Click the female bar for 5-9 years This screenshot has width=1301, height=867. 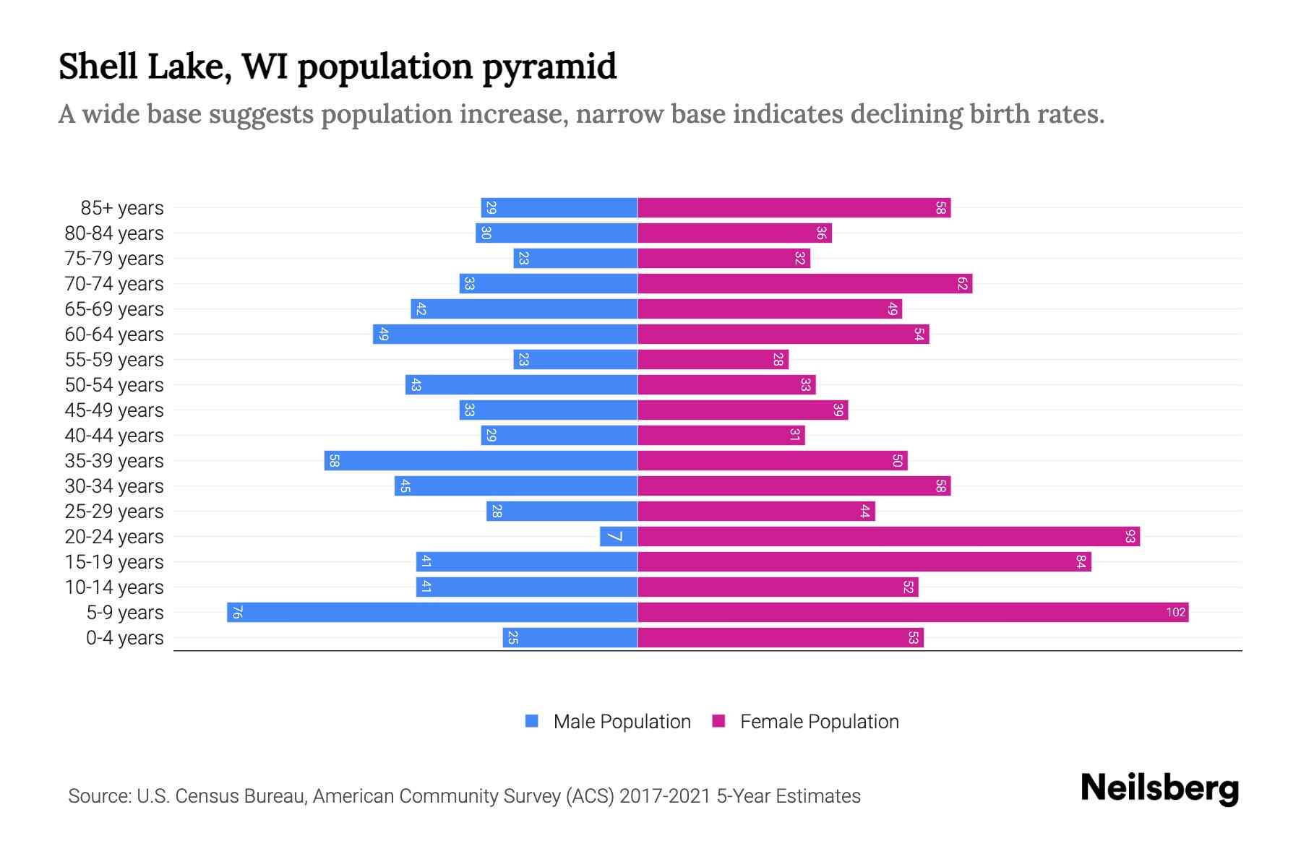click(912, 613)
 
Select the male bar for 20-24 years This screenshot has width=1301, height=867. click(619, 537)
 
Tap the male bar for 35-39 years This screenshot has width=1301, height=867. click(481, 461)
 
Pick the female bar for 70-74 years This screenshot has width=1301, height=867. click(804, 284)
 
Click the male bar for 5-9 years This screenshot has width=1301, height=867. click(432, 613)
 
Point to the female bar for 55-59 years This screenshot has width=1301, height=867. click(713, 360)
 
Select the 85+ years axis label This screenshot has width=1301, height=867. click(121, 208)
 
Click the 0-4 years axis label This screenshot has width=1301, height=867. click(124, 638)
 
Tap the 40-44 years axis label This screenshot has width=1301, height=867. click(114, 436)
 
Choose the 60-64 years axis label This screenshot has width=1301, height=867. click(114, 335)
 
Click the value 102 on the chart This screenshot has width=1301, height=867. click(1175, 613)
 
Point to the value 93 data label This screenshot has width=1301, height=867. click(1130, 537)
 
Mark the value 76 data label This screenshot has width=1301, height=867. click(237, 613)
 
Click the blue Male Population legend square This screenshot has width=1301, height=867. click(532, 721)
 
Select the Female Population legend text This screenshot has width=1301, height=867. click(819, 721)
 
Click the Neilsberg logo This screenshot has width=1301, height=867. click(1159, 788)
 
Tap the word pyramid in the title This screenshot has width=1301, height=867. click(549, 67)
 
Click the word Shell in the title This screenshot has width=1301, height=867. click(98, 67)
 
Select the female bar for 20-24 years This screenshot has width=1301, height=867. click(888, 537)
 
